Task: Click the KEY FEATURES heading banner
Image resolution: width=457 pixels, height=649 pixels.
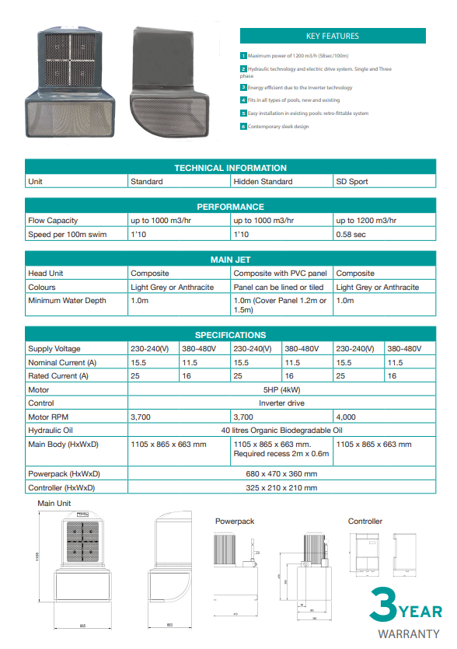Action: (x=332, y=36)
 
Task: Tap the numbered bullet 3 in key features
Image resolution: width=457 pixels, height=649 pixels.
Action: (x=243, y=88)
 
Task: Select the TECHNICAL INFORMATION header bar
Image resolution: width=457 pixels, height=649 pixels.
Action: (x=230, y=168)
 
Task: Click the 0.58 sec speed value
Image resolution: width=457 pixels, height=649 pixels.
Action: (x=351, y=234)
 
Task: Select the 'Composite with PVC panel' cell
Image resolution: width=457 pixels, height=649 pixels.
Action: (x=281, y=274)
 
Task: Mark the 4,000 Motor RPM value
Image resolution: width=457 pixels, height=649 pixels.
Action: (x=347, y=417)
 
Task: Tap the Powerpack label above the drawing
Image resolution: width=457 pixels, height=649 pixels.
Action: (x=235, y=522)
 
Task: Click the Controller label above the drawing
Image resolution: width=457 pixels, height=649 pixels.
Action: (x=365, y=522)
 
